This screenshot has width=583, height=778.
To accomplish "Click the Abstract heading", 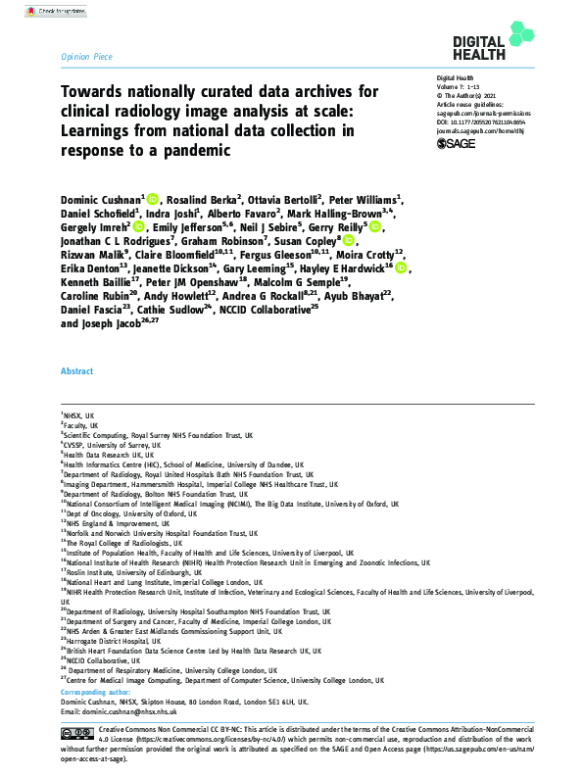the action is pyautogui.click(x=76, y=399).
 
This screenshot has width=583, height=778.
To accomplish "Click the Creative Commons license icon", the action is pyautogui.click(x=76, y=733).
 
